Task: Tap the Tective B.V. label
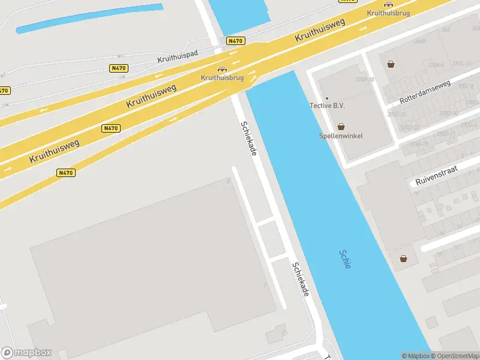click(x=327, y=106)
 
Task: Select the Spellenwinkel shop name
click(x=341, y=136)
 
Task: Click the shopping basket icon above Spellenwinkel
click(x=341, y=126)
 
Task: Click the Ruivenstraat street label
click(x=436, y=176)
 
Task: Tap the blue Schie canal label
click(x=344, y=259)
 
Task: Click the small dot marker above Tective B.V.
click(x=327, y=98)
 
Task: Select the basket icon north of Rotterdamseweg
click(x=391, y=64)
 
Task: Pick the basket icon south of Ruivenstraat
click(x=404, y=258)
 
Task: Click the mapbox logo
click(x=26, y=353)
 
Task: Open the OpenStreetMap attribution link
click(x=453, y=356)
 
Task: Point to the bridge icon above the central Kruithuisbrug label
click(x=222, y=70)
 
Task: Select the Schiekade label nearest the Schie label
click(x=300, y=280)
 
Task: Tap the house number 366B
click(x=419, y=41)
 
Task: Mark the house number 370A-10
click(x=364, y=79)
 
